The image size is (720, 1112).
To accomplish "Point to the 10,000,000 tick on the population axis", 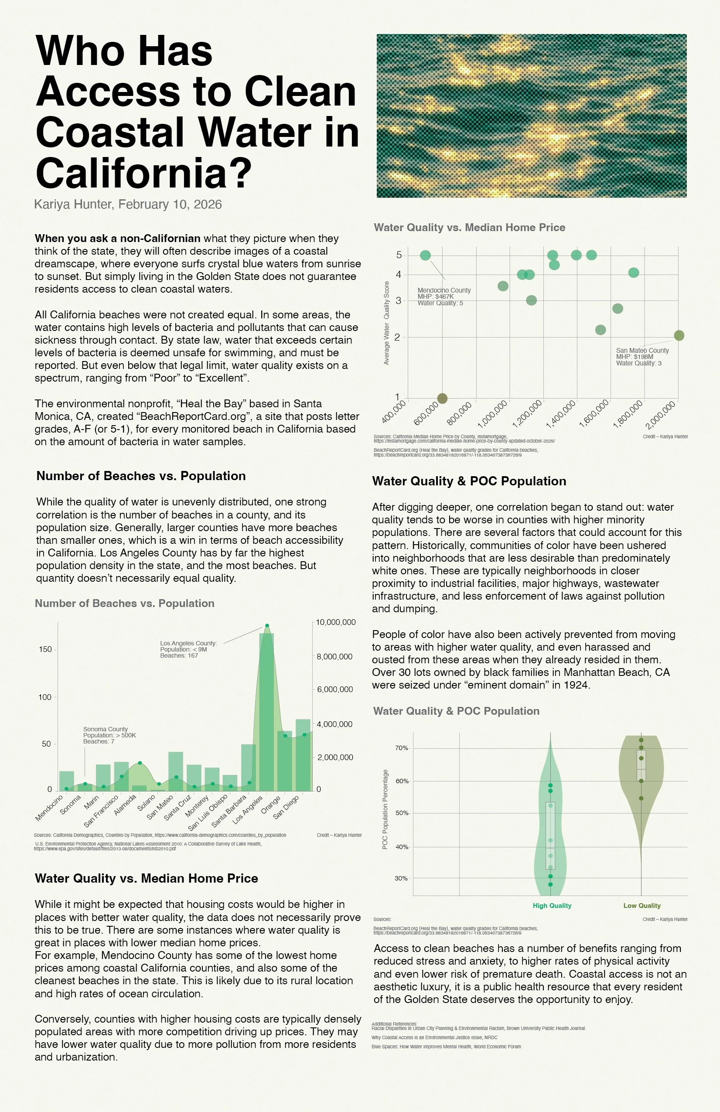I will tap(335, 622).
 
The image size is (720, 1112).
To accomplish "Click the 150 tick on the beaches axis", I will tap(46, 649).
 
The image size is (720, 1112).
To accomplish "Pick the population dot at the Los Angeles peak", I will tap(267, 626).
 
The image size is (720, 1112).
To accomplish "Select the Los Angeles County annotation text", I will tap(188, 649).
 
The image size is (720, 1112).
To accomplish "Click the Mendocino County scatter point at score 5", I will tap(425, 255).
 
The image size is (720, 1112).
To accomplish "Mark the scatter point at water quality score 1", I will tap(442, 398).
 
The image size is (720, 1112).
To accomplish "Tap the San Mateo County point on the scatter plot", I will tap(679, 335).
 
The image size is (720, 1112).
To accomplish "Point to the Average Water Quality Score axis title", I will tap(386, 323).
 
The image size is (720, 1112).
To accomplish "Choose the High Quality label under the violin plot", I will tap(552, 905).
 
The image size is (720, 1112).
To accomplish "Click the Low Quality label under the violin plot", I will tap(642, 905).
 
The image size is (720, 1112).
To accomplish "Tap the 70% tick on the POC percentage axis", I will tap(401, 748).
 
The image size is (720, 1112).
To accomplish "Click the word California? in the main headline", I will tap(143, 173).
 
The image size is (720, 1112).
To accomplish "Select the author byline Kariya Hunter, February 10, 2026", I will tap(128, 204).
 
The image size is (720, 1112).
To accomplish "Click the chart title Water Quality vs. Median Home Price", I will tap(469, 228).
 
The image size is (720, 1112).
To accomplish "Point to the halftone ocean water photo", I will tap(531, 116).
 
